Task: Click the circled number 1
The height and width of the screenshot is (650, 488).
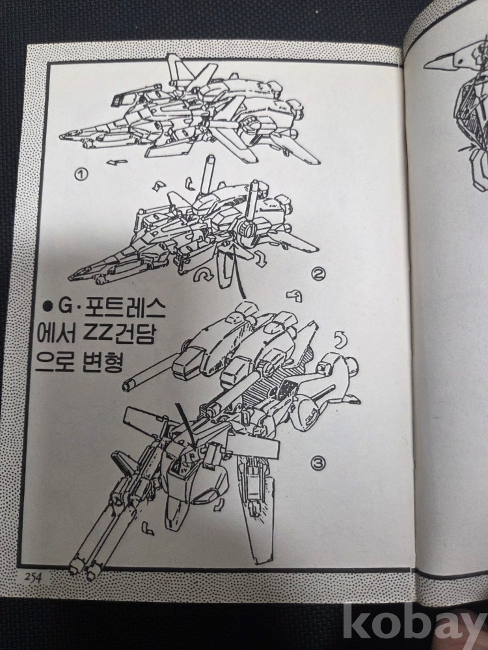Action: (x=82, y=174)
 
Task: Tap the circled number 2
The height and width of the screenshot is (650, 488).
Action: (x=318, y=274)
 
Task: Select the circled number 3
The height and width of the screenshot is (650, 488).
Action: (x=318, y=463)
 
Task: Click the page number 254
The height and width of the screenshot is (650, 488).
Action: (x=33, y=577)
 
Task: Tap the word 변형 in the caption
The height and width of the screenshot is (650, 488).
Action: (x=102, y=361)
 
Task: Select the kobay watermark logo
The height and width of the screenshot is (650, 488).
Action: (x=415, y=625)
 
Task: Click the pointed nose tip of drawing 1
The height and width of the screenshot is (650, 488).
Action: (x=61, y=136)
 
